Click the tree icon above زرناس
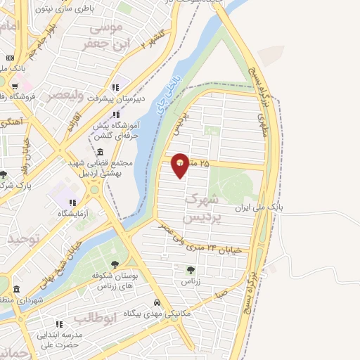(191, 269)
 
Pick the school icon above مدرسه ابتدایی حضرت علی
(58, 324)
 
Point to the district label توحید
(20, 239)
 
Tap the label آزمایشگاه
(75, 213)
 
